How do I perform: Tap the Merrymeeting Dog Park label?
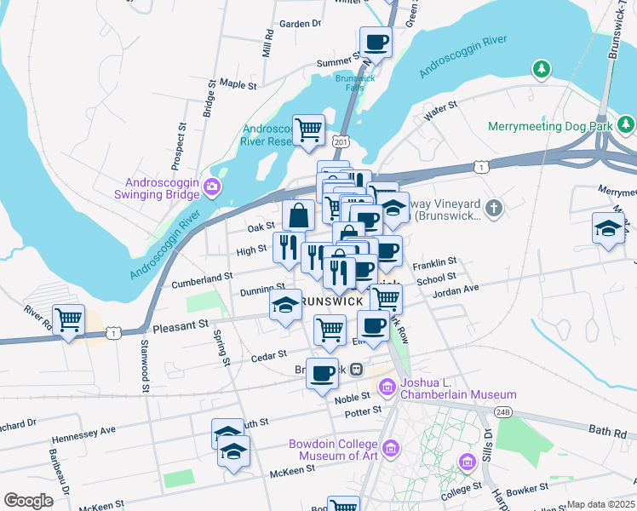click(551, 126)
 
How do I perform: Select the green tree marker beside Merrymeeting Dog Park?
click(627, 125)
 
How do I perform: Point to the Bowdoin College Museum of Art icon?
click(391, 448)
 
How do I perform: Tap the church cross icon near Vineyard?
click(494, 208)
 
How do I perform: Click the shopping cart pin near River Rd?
click(69, 321)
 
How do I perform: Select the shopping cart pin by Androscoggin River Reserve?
click(308, 130)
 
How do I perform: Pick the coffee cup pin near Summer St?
click(376, 42)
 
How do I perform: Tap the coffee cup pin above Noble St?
click(322, 373)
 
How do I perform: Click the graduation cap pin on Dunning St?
click(285, 305)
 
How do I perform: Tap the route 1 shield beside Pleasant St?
click(112, 333)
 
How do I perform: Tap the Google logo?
click(28, 501)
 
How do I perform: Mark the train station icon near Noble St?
click(359, 370)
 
